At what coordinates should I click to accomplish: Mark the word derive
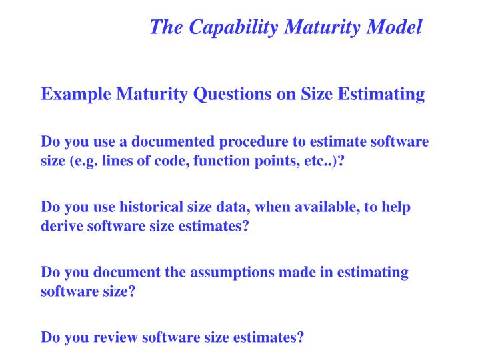61,225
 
